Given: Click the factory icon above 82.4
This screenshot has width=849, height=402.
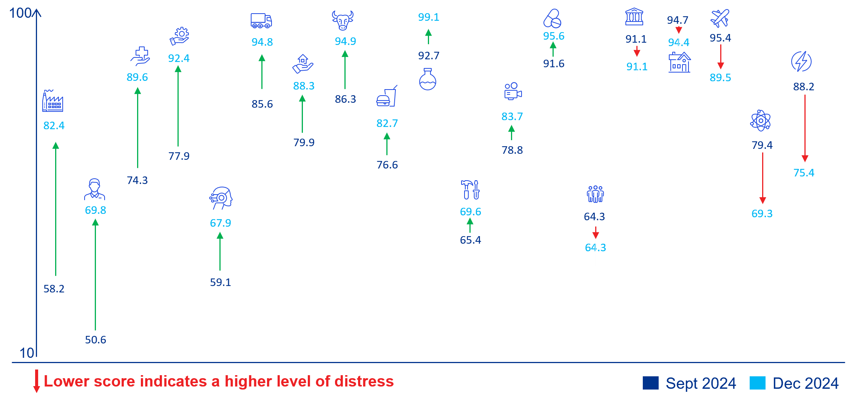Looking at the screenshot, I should [x=52, y=101].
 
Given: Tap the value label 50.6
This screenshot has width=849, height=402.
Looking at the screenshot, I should [x=96, y=340].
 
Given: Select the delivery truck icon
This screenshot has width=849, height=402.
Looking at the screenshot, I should [x=261, y=21].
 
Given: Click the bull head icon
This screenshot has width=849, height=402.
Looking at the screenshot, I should [x=343, y=20].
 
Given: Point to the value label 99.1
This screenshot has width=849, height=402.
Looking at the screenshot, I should [x=429, y=17].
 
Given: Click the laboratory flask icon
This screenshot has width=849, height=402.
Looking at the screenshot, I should [x=428, y=79].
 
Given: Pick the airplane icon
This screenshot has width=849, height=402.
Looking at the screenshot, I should [x=720, y=19].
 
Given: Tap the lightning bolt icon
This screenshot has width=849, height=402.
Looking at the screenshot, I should [x=801, y=61].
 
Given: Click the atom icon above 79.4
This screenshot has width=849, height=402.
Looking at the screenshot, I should [x=760, y=121].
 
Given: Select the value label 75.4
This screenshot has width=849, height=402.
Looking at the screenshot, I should [x=804, y=173].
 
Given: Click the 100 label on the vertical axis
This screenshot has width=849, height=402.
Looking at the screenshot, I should [x=20, y=13].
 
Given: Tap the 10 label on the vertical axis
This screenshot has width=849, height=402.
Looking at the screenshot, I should [x=27, y=353].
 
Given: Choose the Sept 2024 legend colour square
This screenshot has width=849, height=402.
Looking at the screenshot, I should [x=650, y=383].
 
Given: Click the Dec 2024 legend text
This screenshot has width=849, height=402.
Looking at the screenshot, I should [x=806, y=383].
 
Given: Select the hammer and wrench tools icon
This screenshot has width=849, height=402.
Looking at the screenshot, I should [x=470, y=189].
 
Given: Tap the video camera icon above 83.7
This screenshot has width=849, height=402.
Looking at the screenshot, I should [x=512, y=91].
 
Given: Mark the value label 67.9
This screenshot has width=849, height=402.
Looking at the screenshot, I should [x=221, y=223].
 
